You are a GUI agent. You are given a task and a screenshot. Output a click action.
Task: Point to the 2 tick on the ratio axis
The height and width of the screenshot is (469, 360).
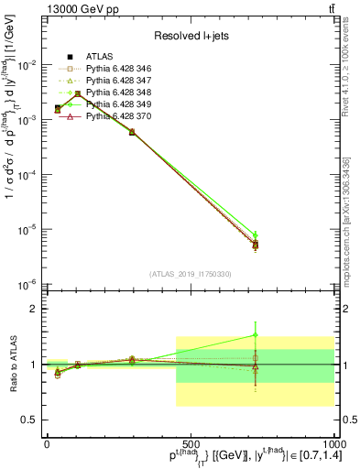(34, 309)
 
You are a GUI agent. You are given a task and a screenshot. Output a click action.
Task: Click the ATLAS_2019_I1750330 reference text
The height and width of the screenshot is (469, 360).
(190, 274)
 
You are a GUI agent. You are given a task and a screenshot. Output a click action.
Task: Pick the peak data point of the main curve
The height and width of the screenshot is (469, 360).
(78, 93)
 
